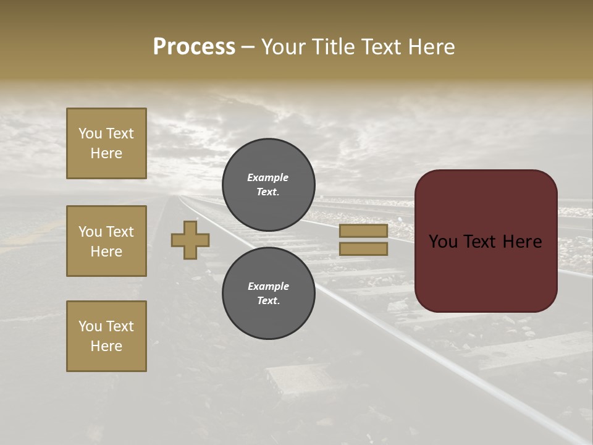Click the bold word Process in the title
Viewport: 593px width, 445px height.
pyautogui.click(x=194, y=47)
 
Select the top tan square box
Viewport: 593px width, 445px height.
pyautogui.click(x=106, y=143)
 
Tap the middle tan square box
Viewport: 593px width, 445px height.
pyautogui.click(x=106, y=241)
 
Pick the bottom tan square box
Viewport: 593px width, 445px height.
pyautogui.click(x=106, y=336)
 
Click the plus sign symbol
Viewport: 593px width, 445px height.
pyautogui.click(x=190, y=240)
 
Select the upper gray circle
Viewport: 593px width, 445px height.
pyautogui.click(x=268, y=184)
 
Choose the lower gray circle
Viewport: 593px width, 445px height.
pyautogui.click(x=268, y=293)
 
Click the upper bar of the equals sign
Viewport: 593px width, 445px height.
pyautogui.click(x=363, y=231)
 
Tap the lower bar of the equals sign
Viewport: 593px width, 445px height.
pyautogui.click(x=363, y=249)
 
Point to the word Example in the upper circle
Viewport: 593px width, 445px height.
pyautogui.click(x=268, y=177)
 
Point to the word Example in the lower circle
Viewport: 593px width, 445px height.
pyautogui.click(x=268, y=286)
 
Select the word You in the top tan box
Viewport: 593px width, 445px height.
pyautogui.click(x=90, y=133)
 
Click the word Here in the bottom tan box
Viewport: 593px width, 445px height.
pyautogui.click(x=106, y=346)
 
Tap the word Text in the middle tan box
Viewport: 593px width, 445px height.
pyautogui.click(x=119, y=232)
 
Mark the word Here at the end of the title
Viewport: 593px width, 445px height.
pyautogui.click(x=432, y=47)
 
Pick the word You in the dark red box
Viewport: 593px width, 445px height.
pyautogui.click(x=444, y=242)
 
